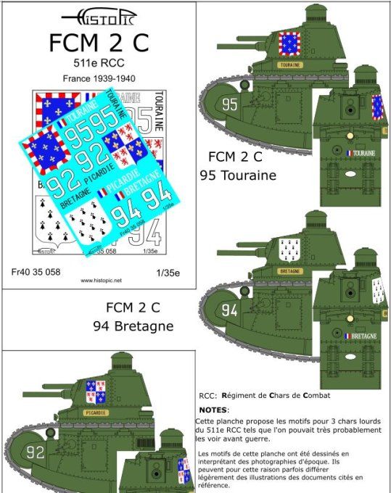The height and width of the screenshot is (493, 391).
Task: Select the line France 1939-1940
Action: point(99,78)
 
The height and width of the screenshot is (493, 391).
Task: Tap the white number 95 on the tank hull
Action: point(230,105)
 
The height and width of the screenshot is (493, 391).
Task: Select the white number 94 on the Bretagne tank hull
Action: point(230,310)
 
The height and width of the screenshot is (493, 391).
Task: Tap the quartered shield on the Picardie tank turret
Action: point(96,392)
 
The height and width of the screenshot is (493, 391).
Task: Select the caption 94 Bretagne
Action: point(133,326)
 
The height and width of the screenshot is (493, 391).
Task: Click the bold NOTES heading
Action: point(213,410)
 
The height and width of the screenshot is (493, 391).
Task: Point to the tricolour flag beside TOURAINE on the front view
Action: point(349,153)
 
